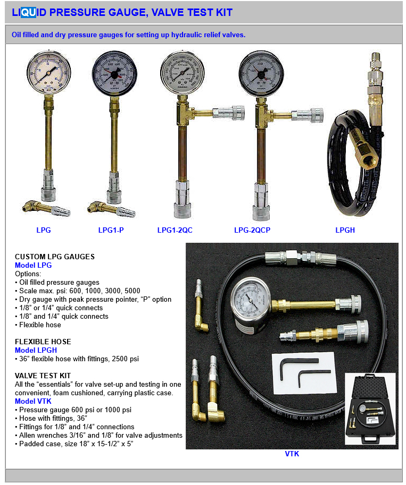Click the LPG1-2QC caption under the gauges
pos(175,230)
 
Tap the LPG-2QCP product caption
pos(252,230)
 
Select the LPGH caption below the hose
pos(345,230)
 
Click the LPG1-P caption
pos(111,230)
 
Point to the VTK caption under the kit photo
pos(292,454)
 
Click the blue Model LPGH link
pos(36,350)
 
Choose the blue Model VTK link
pos(33,401)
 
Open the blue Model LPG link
pos(33,265)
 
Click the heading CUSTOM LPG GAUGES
pos(55,257)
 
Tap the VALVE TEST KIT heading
pos(43,376)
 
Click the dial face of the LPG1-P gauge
pos(114,74)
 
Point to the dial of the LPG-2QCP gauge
pos(261,74)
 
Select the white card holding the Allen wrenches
pos(304,373)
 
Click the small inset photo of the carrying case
pos(370,409)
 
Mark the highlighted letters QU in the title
pos(29,12)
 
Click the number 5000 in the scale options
pos(132,291)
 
